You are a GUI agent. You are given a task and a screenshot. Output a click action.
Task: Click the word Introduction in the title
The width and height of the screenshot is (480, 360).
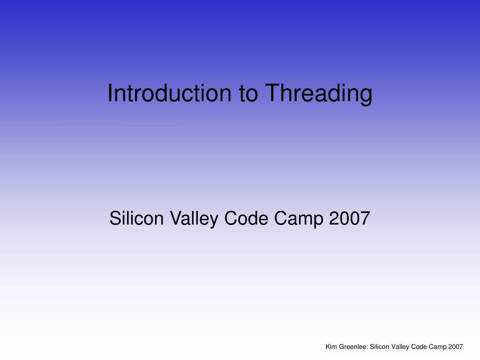[x=169, y=93]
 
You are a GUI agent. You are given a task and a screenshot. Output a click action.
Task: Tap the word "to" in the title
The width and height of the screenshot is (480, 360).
[x=248, y=94]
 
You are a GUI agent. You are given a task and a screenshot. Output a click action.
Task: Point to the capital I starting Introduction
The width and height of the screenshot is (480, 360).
[x=110, y=93]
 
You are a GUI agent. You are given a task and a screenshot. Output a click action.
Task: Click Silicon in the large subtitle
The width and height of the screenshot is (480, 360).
[x=136, y=218]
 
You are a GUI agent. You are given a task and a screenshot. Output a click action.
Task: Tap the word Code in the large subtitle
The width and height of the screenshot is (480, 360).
[x=246, y=218]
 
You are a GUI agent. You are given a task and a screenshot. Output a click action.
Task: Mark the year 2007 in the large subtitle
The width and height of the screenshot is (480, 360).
[x=350, y=218]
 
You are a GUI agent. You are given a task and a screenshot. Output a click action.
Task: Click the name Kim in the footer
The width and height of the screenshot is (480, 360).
[x=331, y=347]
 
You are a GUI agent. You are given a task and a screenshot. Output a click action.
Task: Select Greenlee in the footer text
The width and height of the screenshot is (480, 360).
[x=352, y=347]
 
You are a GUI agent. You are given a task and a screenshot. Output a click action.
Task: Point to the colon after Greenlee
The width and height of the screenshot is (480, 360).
[x=367, y=348]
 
